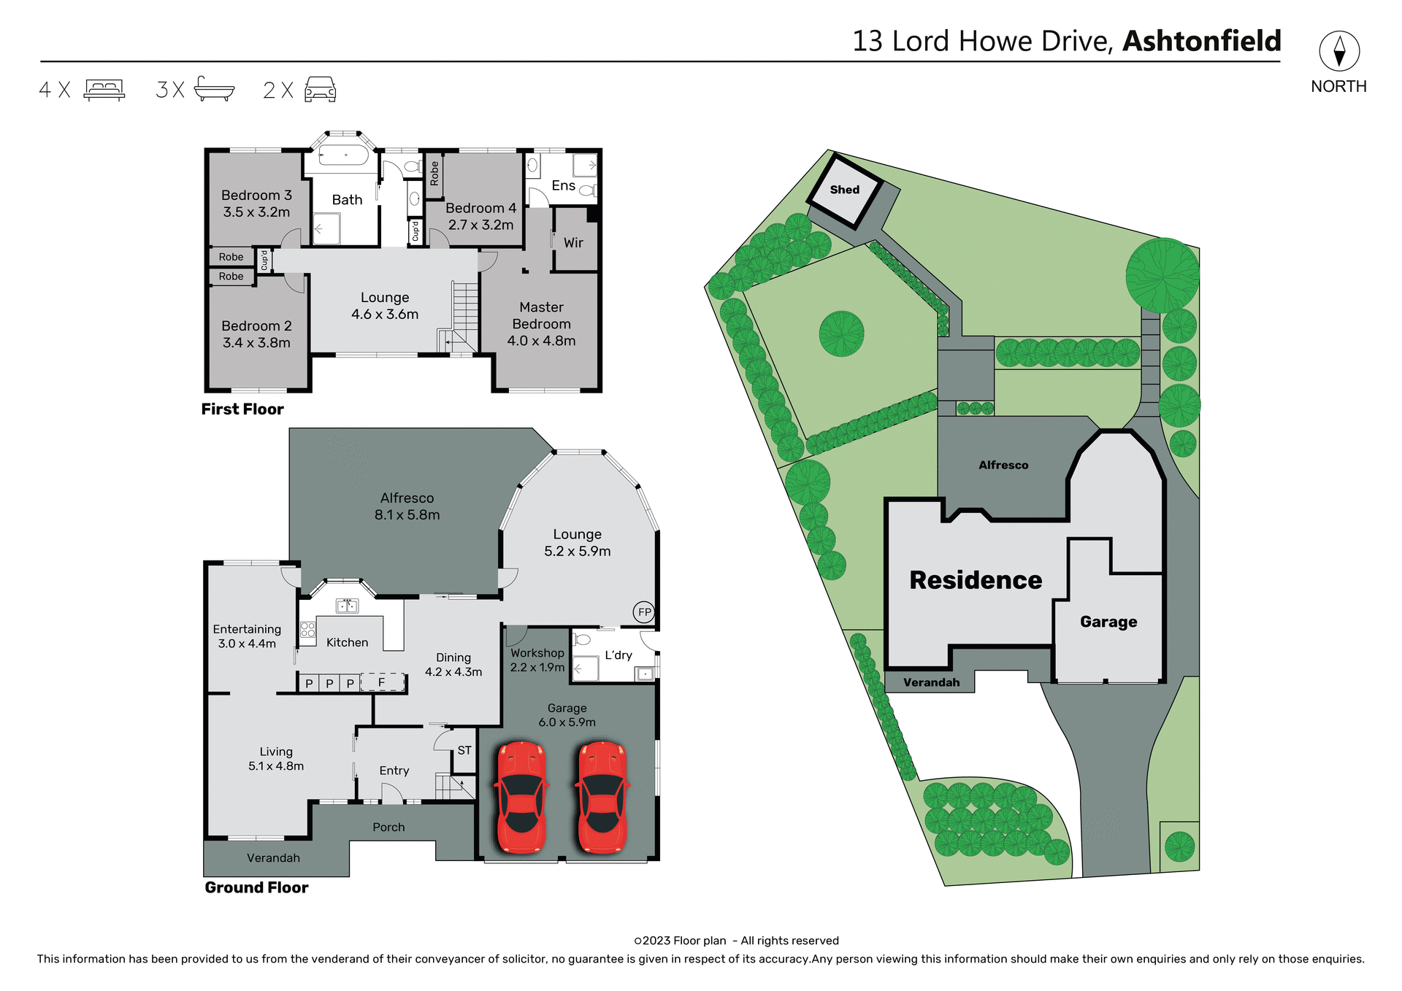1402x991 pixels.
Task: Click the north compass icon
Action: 1338,52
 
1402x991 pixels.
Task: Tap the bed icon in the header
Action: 104,90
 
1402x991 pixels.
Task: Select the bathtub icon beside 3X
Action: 214,89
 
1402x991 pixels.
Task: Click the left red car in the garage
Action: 521,797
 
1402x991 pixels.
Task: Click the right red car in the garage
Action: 602,797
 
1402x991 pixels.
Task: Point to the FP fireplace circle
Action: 644,612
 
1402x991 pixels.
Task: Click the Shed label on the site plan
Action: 844,190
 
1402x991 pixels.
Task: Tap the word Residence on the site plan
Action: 976,580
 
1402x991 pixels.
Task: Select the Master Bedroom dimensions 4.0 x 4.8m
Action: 541,341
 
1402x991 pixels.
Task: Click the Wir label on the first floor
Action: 573,243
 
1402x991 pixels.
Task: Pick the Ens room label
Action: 563,185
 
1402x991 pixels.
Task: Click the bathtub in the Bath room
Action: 344,155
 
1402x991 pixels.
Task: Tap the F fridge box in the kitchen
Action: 382,682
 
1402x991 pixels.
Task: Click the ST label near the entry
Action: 464,750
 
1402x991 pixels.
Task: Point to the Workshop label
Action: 537,653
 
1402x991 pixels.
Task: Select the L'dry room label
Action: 618,655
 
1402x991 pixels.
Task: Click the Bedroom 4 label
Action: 480,209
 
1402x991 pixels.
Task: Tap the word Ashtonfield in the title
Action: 1201,41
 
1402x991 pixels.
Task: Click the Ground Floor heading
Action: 256,887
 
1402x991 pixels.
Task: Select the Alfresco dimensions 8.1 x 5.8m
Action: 407,515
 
